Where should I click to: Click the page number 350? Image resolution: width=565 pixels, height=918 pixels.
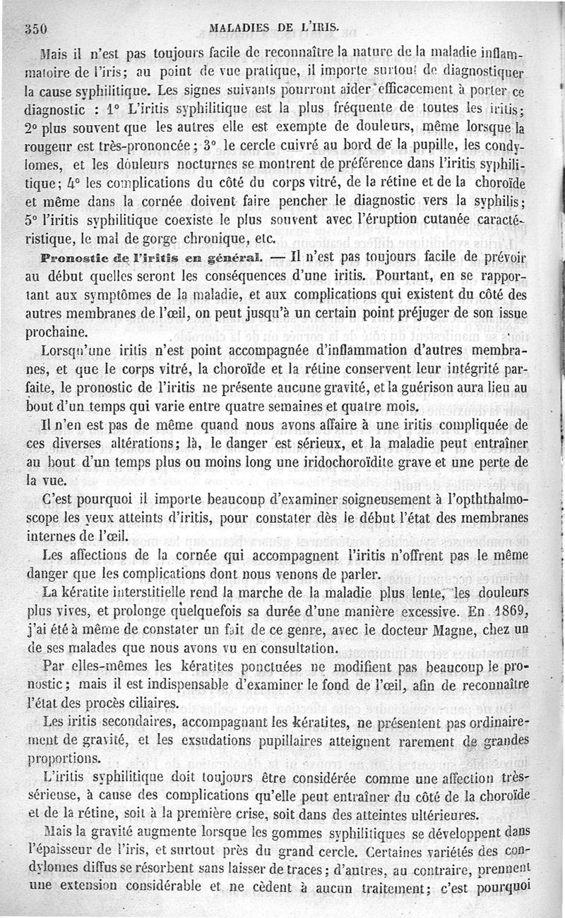[35, 29]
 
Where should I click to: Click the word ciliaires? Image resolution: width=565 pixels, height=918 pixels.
[155, 703]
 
